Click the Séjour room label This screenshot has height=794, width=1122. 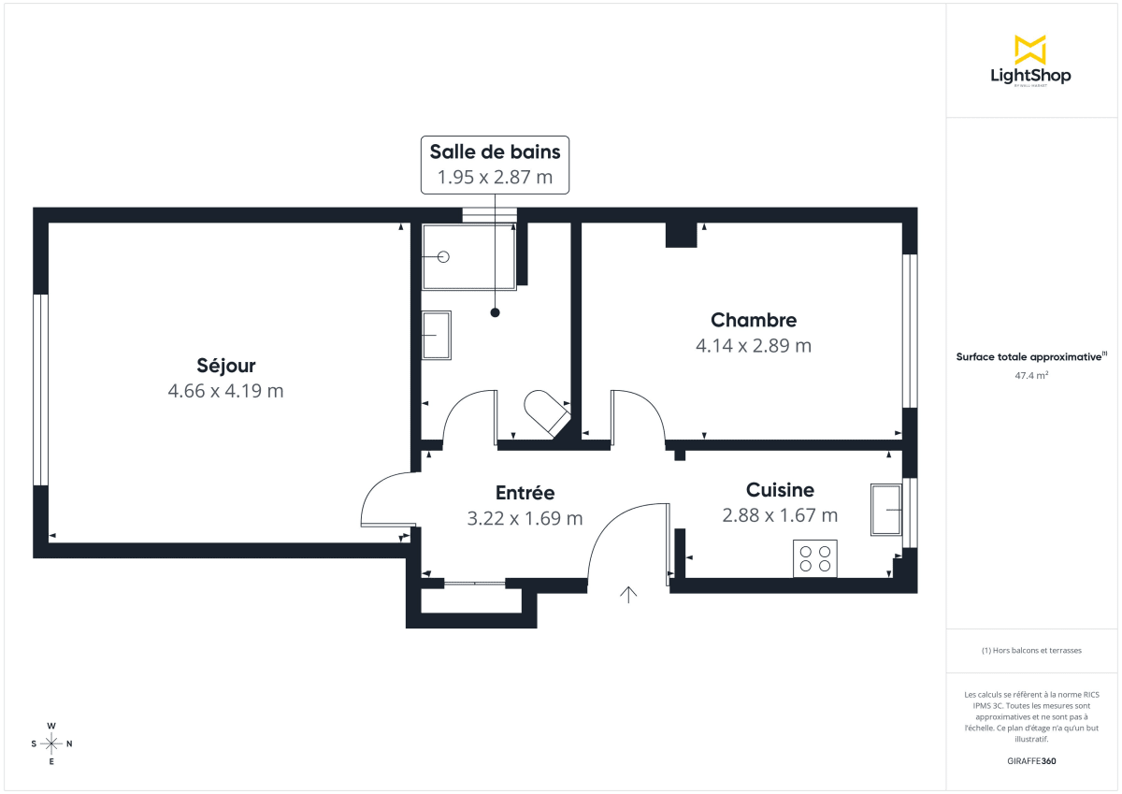pos(225,366)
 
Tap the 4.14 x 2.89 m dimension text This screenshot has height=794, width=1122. pos(754,345)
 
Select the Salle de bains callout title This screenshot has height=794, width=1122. pos(495,151)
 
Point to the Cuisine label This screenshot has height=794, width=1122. pos(780,489)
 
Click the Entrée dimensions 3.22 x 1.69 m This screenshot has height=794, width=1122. pos(525,518)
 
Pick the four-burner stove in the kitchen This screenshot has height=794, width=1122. pos(814,558)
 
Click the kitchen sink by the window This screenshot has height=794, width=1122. pos(885,510)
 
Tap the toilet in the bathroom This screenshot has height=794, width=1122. pos(547,411)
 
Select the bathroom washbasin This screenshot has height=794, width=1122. pos(436,335)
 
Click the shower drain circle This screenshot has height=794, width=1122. pos(444,256)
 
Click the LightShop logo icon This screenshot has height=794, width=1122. pos(1030,50)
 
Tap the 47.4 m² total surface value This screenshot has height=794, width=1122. pos(1030,375)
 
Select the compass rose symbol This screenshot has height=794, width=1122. pos(51,743)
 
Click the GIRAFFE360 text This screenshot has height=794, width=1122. pos(1031,761)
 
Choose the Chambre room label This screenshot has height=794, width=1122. pos(754,320)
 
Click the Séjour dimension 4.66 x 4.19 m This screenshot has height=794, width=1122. pos(225,391)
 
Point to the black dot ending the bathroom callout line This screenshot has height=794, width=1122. pos(496,312)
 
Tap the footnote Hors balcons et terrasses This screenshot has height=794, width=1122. pos(1031,650)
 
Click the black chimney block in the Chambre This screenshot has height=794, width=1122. pos(682,235)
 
